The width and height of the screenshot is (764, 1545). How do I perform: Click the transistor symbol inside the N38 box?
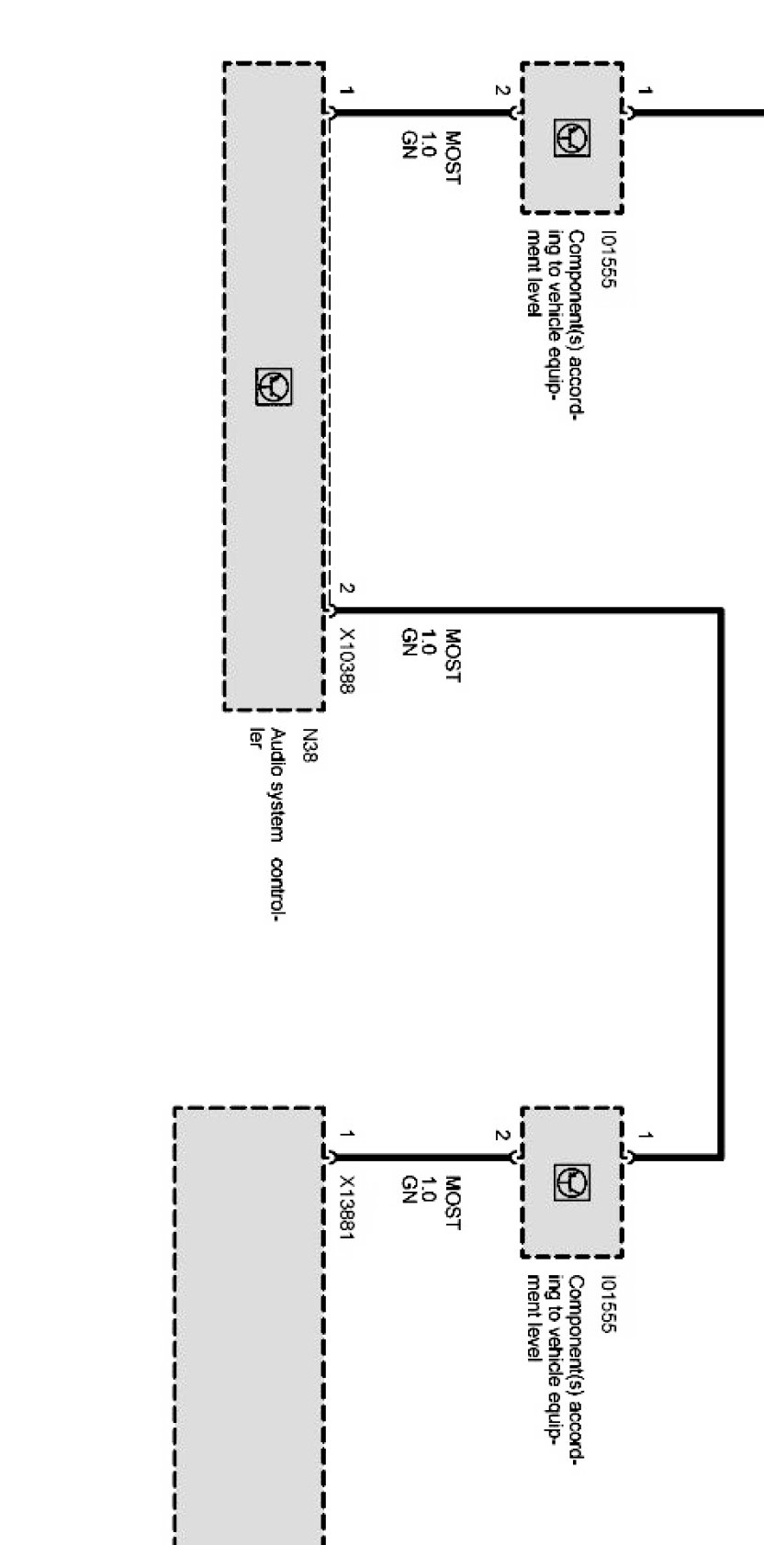[x=274, y=387]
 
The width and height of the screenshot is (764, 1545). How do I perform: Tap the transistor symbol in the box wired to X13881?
[x=572, y=1182]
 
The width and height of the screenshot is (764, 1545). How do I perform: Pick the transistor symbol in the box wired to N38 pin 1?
[x=572, y=139]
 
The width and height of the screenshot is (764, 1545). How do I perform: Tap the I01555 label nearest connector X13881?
[x=606, y=1304]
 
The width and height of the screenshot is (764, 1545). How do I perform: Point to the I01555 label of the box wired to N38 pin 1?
[x=606, y=260]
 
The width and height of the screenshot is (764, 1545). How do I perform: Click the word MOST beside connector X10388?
[x=452, y=655]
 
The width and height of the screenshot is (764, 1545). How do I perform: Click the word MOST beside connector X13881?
[x=452, y=1203]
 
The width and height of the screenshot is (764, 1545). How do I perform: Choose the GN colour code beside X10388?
[x=410, y=643]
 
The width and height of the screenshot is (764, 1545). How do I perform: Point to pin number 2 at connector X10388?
[x=346, y=588]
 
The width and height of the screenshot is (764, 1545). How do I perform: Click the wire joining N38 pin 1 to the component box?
[x=422, y=113]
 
